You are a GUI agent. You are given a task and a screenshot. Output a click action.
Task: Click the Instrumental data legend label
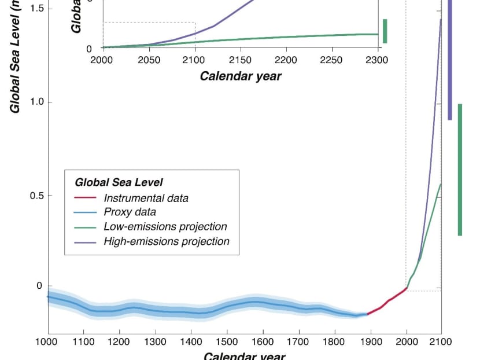146,198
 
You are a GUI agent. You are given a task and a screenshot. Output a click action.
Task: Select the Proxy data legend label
130,212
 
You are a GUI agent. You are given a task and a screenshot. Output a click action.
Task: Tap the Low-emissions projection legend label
165,227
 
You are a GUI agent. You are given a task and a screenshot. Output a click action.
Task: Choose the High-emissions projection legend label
167,241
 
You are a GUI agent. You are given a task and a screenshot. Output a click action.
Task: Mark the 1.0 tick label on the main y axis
36,102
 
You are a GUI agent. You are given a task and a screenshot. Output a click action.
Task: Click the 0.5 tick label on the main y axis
36,196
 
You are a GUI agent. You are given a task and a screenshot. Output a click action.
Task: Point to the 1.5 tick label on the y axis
36,9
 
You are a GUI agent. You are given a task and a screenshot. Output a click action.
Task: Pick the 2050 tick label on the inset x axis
149,60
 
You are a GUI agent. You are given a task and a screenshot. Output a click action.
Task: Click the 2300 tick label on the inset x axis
377,60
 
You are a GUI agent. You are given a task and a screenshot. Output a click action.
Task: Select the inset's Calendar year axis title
241,76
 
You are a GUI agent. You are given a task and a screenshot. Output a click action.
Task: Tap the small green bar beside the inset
385,31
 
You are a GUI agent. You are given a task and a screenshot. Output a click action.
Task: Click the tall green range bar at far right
460,170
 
